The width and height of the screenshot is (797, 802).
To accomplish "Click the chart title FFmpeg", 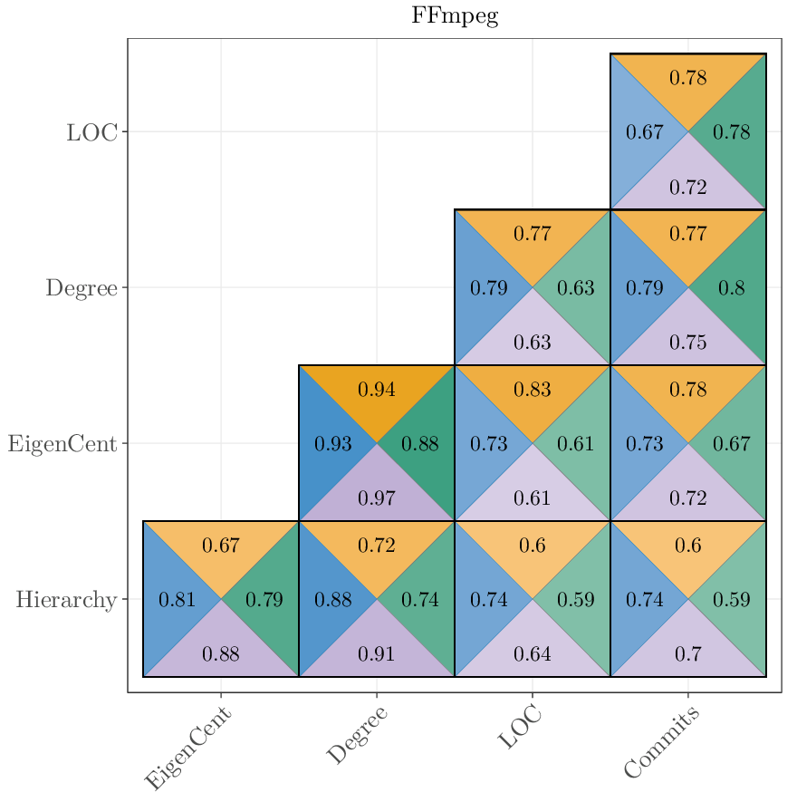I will [455, 16].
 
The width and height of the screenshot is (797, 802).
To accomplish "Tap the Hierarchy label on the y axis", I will [66, 600].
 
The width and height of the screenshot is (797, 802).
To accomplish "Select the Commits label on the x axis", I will [662, 743].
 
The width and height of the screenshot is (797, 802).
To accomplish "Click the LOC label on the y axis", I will [91, 132].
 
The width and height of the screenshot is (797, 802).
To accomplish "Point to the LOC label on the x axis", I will [521, 729].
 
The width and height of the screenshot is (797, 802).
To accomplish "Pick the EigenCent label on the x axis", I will [188, 749].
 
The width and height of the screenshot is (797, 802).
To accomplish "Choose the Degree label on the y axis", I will [82, 288].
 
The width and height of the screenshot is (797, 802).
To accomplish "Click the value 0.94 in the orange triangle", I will [377, 391].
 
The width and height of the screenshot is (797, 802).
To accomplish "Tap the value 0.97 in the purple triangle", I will [377, 498].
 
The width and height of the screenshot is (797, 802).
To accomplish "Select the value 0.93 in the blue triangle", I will [332, 445].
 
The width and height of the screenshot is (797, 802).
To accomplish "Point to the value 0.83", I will [533, 391].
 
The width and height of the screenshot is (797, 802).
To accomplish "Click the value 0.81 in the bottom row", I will [177, 600].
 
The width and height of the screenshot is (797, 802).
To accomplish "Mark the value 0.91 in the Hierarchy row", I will [377, 654].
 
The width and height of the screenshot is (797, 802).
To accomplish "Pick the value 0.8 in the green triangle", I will [732, 289].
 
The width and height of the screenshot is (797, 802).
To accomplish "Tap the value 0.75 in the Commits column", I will [688, 343].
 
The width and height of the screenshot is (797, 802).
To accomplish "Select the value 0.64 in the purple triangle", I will [533, 654].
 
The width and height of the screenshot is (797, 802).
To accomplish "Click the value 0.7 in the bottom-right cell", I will [688, 654].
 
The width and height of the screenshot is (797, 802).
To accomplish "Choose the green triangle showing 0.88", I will [420, 445].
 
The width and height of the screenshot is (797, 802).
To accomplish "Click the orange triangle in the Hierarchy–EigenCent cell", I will [221, 546].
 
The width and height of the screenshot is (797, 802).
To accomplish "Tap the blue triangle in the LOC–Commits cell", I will [645, 133].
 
